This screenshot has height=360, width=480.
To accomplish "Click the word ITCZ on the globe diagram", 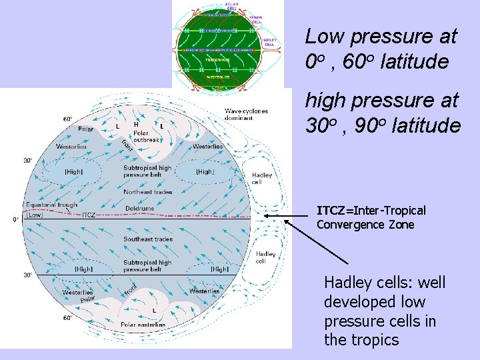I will pos(89,215).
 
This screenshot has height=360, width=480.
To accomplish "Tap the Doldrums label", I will pos(139,209).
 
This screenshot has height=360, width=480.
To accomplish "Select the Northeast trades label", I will pos(148,192).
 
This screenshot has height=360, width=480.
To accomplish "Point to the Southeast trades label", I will pos(148,239).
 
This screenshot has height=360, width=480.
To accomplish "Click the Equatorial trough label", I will pos(52,205).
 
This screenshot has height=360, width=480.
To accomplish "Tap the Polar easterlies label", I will pos(143,325).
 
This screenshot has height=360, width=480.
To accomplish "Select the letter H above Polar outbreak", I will pos(136,124).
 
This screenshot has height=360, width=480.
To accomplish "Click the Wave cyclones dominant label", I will pos(247,114).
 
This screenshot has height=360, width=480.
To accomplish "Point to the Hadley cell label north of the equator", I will pos(262,178).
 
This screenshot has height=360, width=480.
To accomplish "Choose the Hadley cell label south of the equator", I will pos(266,257).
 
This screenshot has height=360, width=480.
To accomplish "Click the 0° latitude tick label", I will pos(15,219).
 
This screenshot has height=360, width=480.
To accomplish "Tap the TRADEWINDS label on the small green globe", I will pos(217,60).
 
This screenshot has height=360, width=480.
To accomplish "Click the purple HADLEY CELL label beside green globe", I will pos(270,42).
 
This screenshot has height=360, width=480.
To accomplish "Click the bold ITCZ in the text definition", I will pos(331,211).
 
